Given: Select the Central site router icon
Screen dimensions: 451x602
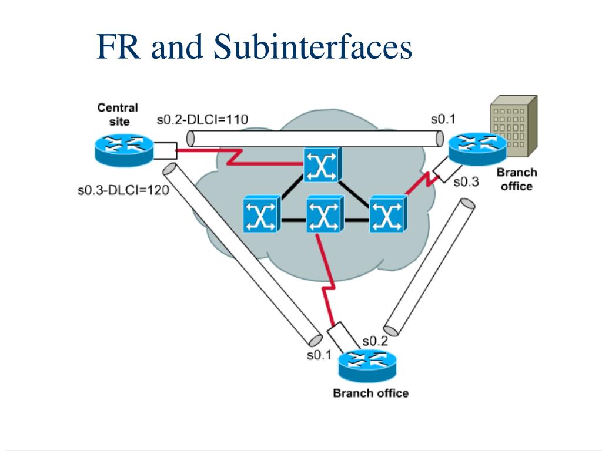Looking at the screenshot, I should (x=123, y=146).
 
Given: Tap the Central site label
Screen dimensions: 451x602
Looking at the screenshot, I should (x=117, y=115).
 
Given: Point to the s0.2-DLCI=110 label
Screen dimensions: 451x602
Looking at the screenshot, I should (x=202, y=120).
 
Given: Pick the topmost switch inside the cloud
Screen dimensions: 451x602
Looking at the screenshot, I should (x=322, y=165).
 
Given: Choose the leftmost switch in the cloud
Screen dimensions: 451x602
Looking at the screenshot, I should (x=260, y=215).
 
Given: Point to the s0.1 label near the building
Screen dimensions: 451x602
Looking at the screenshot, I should (x=443, y=119).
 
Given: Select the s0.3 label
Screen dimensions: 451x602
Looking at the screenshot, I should (x=466, y=182).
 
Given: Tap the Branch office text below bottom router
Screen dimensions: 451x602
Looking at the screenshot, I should (x=370, y=393).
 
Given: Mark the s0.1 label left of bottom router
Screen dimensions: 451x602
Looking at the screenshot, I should (x=319, y=355).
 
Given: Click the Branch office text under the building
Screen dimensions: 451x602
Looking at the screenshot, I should (x=516, y=179).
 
